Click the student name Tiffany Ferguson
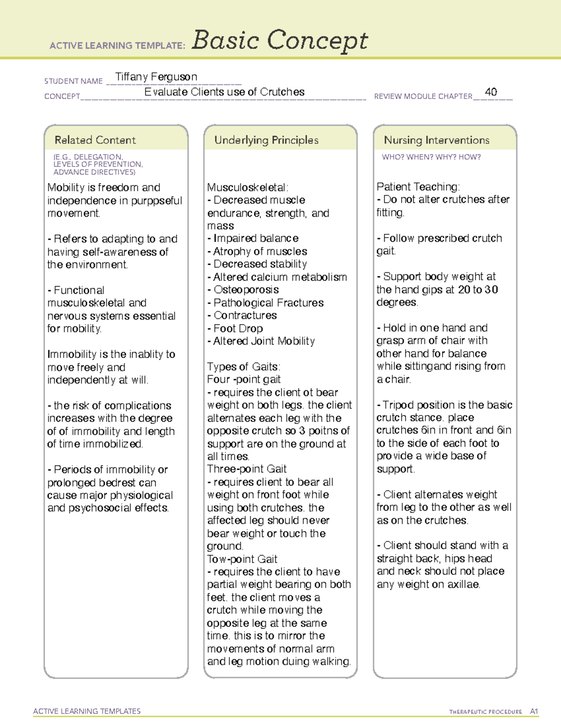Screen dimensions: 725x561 tap(156, 77)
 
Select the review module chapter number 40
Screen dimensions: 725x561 tap(491, 92)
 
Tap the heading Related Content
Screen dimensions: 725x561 tap(95, 140)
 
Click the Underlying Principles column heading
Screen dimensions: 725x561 tap(266, 140)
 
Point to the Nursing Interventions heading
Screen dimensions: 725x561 tap(437, 140)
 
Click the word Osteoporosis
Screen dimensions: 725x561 tap(246, 290)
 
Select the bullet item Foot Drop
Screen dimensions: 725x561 tap(238, 329)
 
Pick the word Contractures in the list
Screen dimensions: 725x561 tap(245, 316)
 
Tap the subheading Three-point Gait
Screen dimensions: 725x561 tap(247, 469)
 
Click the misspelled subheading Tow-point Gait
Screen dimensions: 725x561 tap(242, 559)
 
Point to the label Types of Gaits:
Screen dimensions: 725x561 tap(244, 367)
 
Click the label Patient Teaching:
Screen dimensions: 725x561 tap(418, 187)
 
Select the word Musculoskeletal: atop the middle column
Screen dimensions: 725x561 tap(248, 188)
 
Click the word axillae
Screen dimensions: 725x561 tap(464, 584)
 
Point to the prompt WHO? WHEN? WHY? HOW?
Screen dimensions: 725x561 tap(431, 157)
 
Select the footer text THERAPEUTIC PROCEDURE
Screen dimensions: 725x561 tap(486, 712)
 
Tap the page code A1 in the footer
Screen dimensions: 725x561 tap(534, 711)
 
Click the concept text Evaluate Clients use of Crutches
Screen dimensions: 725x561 tap(224, 92)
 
